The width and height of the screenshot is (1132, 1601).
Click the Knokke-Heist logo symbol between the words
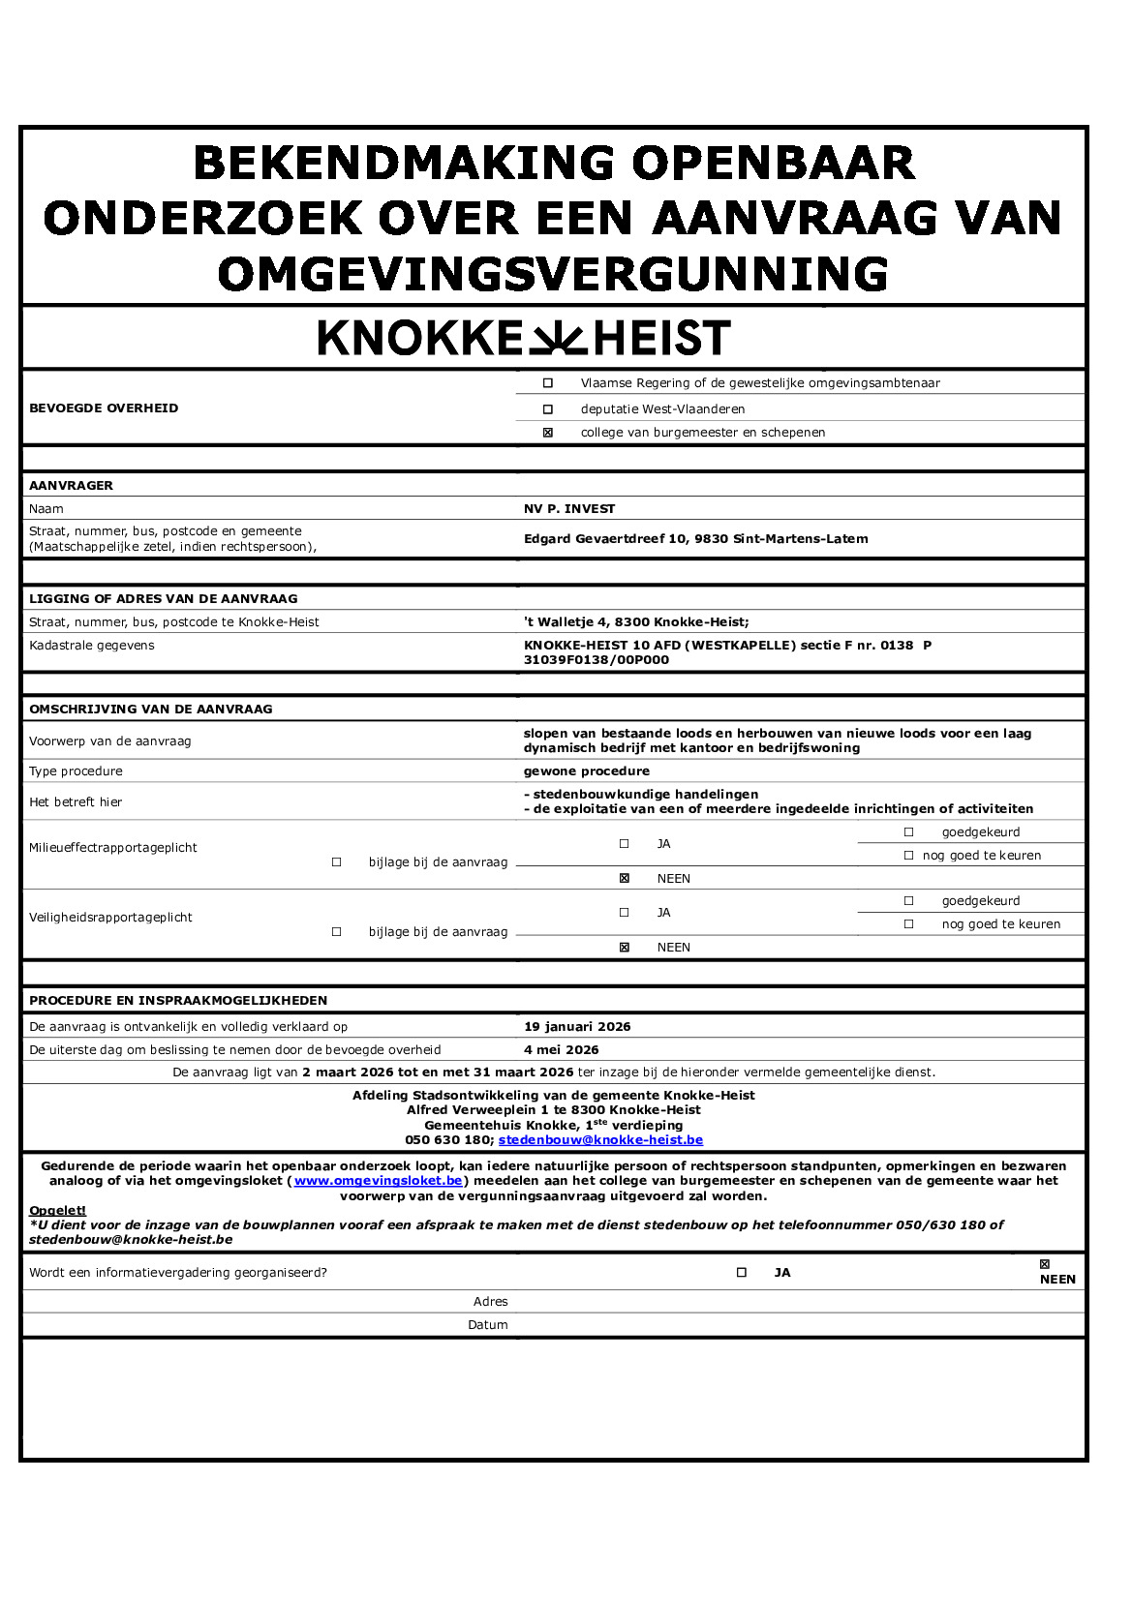coord(559,338)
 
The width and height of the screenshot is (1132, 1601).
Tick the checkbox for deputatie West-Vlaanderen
coord(548,409)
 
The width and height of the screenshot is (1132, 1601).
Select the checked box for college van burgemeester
coord(548,433)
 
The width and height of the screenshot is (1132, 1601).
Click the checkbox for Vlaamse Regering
coord(548,383)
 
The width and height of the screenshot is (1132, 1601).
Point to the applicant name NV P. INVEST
coord(569,509)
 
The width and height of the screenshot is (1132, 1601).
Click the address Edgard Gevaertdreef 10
coord(695,539)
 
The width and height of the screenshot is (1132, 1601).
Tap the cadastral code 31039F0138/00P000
coord(596,660)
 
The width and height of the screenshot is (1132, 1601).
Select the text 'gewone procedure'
coord(587,771)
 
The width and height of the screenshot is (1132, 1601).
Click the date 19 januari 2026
coord(577,1027)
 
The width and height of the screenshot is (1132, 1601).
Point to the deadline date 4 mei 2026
coord(562,1050)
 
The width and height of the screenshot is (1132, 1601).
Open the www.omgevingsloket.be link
coord(379,1181)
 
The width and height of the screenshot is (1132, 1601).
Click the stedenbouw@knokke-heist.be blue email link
coord(600,1140)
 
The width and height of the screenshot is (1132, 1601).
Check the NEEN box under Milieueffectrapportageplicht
coord(625,879)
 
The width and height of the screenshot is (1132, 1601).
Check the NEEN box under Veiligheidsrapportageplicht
coord(625,948)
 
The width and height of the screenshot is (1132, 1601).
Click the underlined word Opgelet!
coord(57,1211)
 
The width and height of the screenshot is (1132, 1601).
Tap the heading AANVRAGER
coord(71,486)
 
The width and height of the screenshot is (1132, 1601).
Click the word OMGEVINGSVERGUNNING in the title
coord(553,274)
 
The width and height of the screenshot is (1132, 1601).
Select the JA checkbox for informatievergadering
coord(742,1273)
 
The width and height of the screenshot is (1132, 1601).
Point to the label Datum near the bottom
coord(488,1325)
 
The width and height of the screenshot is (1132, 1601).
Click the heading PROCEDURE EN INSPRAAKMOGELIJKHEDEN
coord(178,1001)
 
